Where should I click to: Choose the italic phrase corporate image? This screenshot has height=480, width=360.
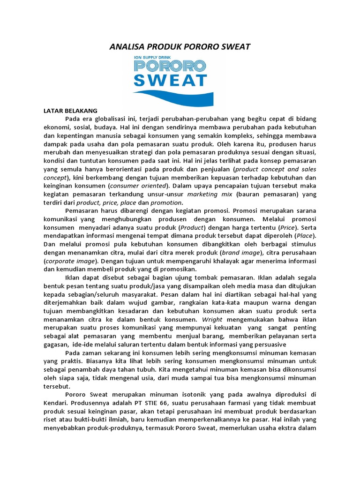69,261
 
